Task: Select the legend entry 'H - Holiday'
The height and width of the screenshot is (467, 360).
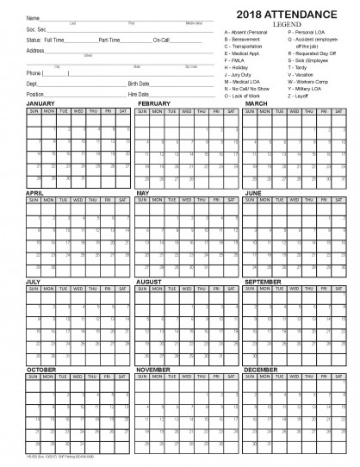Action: point(237,68)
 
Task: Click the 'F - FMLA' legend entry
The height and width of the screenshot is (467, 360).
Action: point(235,61)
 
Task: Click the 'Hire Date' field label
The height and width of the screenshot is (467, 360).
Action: point(138,94)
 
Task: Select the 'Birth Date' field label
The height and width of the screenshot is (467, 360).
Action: point(139,84)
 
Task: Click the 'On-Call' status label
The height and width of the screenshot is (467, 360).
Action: point(161,40)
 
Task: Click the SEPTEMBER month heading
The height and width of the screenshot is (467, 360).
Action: point(264,281)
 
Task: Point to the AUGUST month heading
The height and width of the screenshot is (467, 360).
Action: point(149,281)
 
